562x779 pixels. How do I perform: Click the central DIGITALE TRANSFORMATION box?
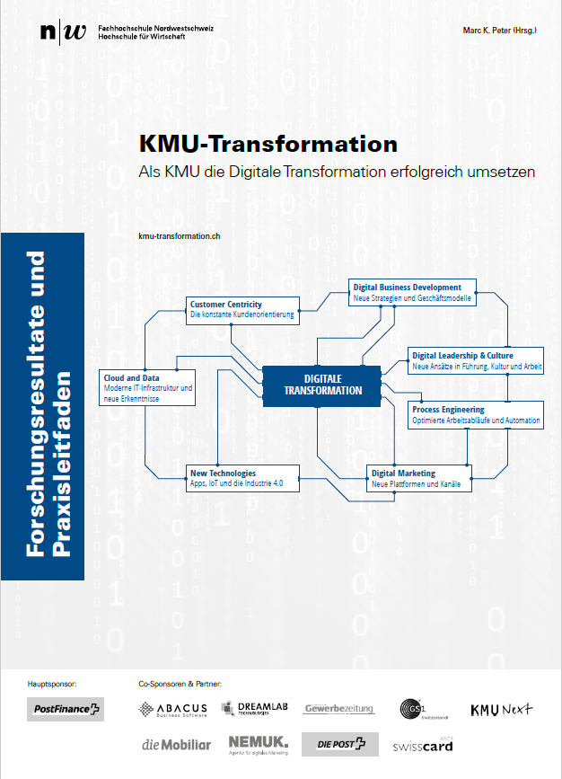(x=322, y=385)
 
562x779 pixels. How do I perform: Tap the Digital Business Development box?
(x=412, y=291)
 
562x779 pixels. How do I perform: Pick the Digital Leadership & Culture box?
(x=476, y=360)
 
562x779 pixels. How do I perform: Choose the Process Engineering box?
(x=476, y=415)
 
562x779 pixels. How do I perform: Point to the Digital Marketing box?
(x=419, y=478)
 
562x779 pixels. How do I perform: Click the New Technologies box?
(x=242, y=478)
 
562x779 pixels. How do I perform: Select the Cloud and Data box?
(x=146, y=387)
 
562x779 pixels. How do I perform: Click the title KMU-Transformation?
(x=268, y=144)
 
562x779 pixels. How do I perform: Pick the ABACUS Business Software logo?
(x=173, y=710)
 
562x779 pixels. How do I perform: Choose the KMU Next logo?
(x=502, y=709)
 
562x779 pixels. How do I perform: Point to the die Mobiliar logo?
(x=176, y=744)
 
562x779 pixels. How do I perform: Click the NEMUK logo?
(x=257, y=743)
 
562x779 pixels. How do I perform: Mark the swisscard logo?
(x=421, y=745)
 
